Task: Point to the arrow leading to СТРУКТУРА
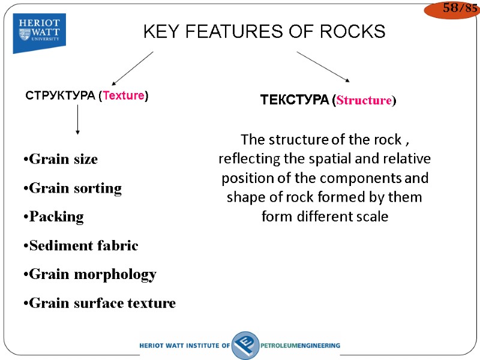[x=133, y=68]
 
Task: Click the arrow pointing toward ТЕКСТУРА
[x=323, y=66]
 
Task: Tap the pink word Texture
[x=124, y=95]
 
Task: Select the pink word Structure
[x=364, y=100]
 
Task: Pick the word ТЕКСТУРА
[x=294, y=100]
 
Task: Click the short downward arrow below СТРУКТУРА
[x=77, y=123]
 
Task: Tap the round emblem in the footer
[x=245, y=345]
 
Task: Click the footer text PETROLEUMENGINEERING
[x=300, y=346]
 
